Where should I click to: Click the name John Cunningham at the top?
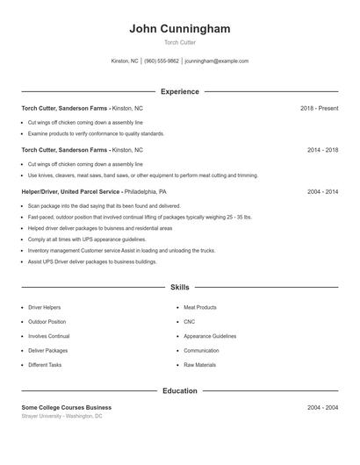pos(180,29)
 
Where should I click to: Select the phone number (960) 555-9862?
pos(162,61)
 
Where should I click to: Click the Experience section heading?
pos(180,91)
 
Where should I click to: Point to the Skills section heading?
pos(180,287)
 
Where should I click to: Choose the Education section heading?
pos(180,390)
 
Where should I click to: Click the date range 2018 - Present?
pos(319,109)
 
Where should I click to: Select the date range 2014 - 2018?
pos(322,150)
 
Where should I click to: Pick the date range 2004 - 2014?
pos(322,191)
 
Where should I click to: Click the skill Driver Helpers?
pos(45,308)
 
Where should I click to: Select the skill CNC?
pos(190,322)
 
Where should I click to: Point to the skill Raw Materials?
pos(200,365)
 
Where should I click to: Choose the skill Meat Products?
pos(200,308)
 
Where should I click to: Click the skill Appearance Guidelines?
pos(210,336)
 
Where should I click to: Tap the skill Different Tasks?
pos(45,365)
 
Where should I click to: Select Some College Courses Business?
pos(67,408)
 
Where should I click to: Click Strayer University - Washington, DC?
pos(62,417)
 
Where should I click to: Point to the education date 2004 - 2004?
pos(322,408)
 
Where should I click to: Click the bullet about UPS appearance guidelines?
pos(87,239)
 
